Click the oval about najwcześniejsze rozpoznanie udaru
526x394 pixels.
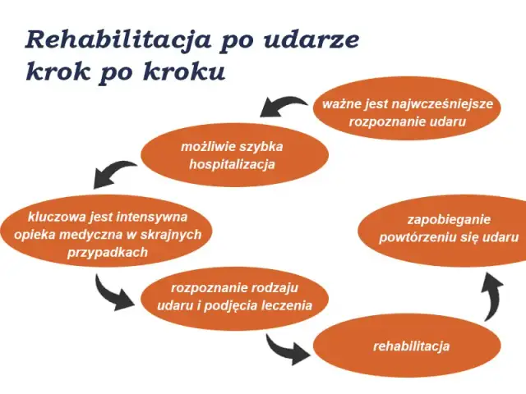point(407,114)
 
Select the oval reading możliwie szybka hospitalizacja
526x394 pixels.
point(234,155)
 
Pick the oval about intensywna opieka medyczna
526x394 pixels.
point(107,235)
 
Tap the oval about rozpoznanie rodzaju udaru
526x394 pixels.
point(234,297)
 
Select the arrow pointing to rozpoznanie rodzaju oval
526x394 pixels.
point(113,292)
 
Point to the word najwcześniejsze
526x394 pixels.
point(436,105)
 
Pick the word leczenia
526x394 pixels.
point(285,306)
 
